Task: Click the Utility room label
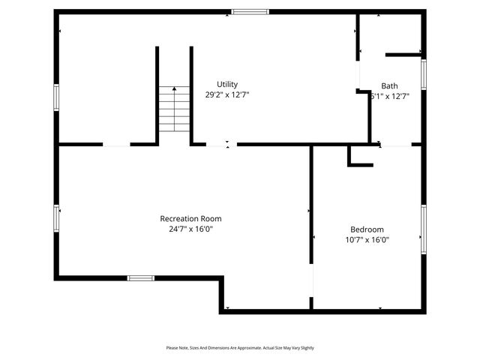click(227, 84)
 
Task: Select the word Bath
click(389, 85)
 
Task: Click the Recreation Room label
click(190, 218)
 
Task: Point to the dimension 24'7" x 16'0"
click(190, 229)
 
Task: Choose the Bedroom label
click(367, 229)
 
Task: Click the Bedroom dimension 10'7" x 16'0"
click(367, 240)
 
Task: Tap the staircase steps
click(174, 112)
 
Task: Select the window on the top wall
click(250, 11)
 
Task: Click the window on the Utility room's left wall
click(56, 97)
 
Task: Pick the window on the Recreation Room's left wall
click(56, 217)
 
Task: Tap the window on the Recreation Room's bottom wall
click(140, 278)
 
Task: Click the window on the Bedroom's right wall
click(424, 229)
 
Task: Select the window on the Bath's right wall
click(424, 75)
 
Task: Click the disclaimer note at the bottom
click(240, 348)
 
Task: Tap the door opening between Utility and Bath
click(358, 75)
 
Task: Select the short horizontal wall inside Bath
click(403, 54)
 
